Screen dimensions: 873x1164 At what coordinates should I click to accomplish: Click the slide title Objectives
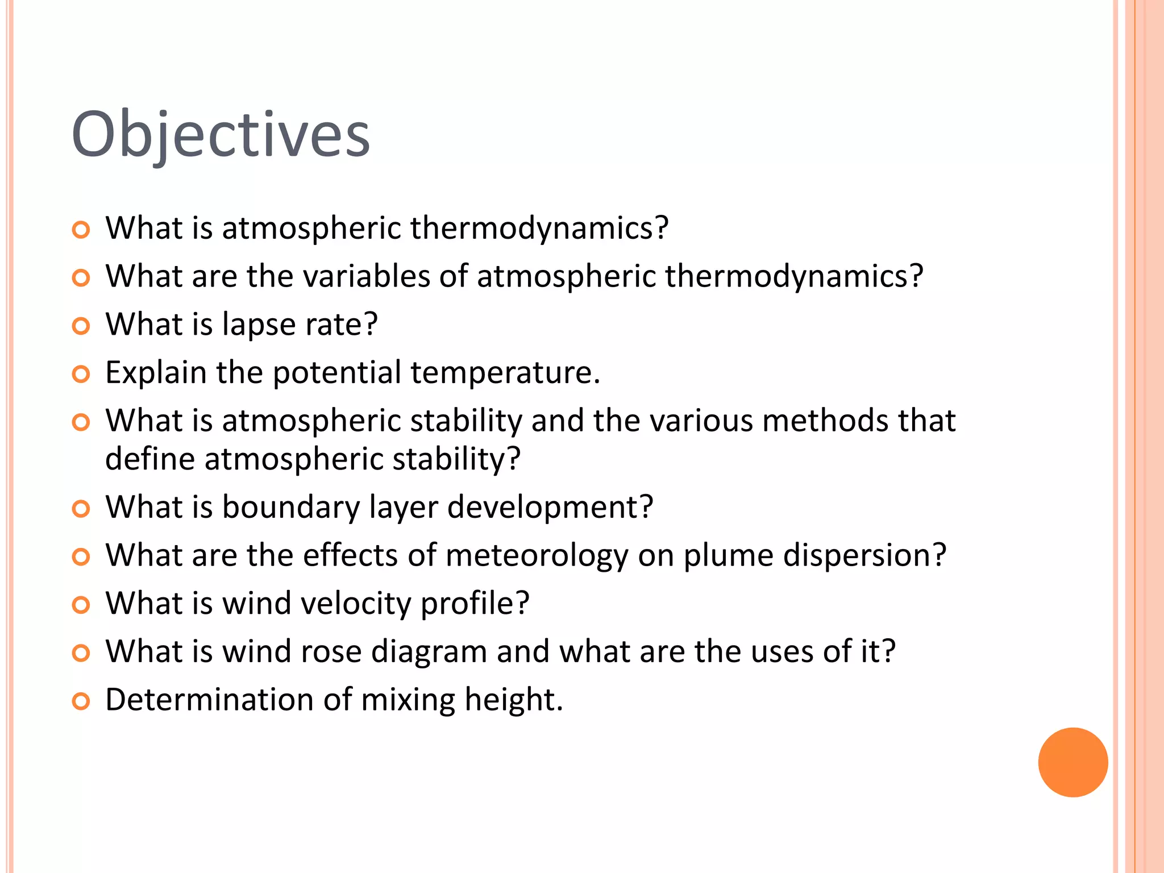pos(221,135)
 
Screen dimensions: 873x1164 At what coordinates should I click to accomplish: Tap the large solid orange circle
pos(1072,762)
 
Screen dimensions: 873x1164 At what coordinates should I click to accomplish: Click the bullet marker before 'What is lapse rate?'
pos(81,326)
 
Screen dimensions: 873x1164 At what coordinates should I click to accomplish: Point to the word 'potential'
pos(337,373)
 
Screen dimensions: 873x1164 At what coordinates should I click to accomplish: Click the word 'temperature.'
pos(505,373)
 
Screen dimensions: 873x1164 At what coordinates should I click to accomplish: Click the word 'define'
pos(150,459)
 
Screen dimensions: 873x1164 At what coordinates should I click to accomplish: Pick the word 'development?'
pos(550,508)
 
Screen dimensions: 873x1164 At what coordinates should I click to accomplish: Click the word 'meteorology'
pos(537,555)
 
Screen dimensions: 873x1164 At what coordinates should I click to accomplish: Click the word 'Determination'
pos(209,700)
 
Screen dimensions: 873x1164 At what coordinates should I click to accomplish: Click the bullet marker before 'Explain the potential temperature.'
pos(81,375)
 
